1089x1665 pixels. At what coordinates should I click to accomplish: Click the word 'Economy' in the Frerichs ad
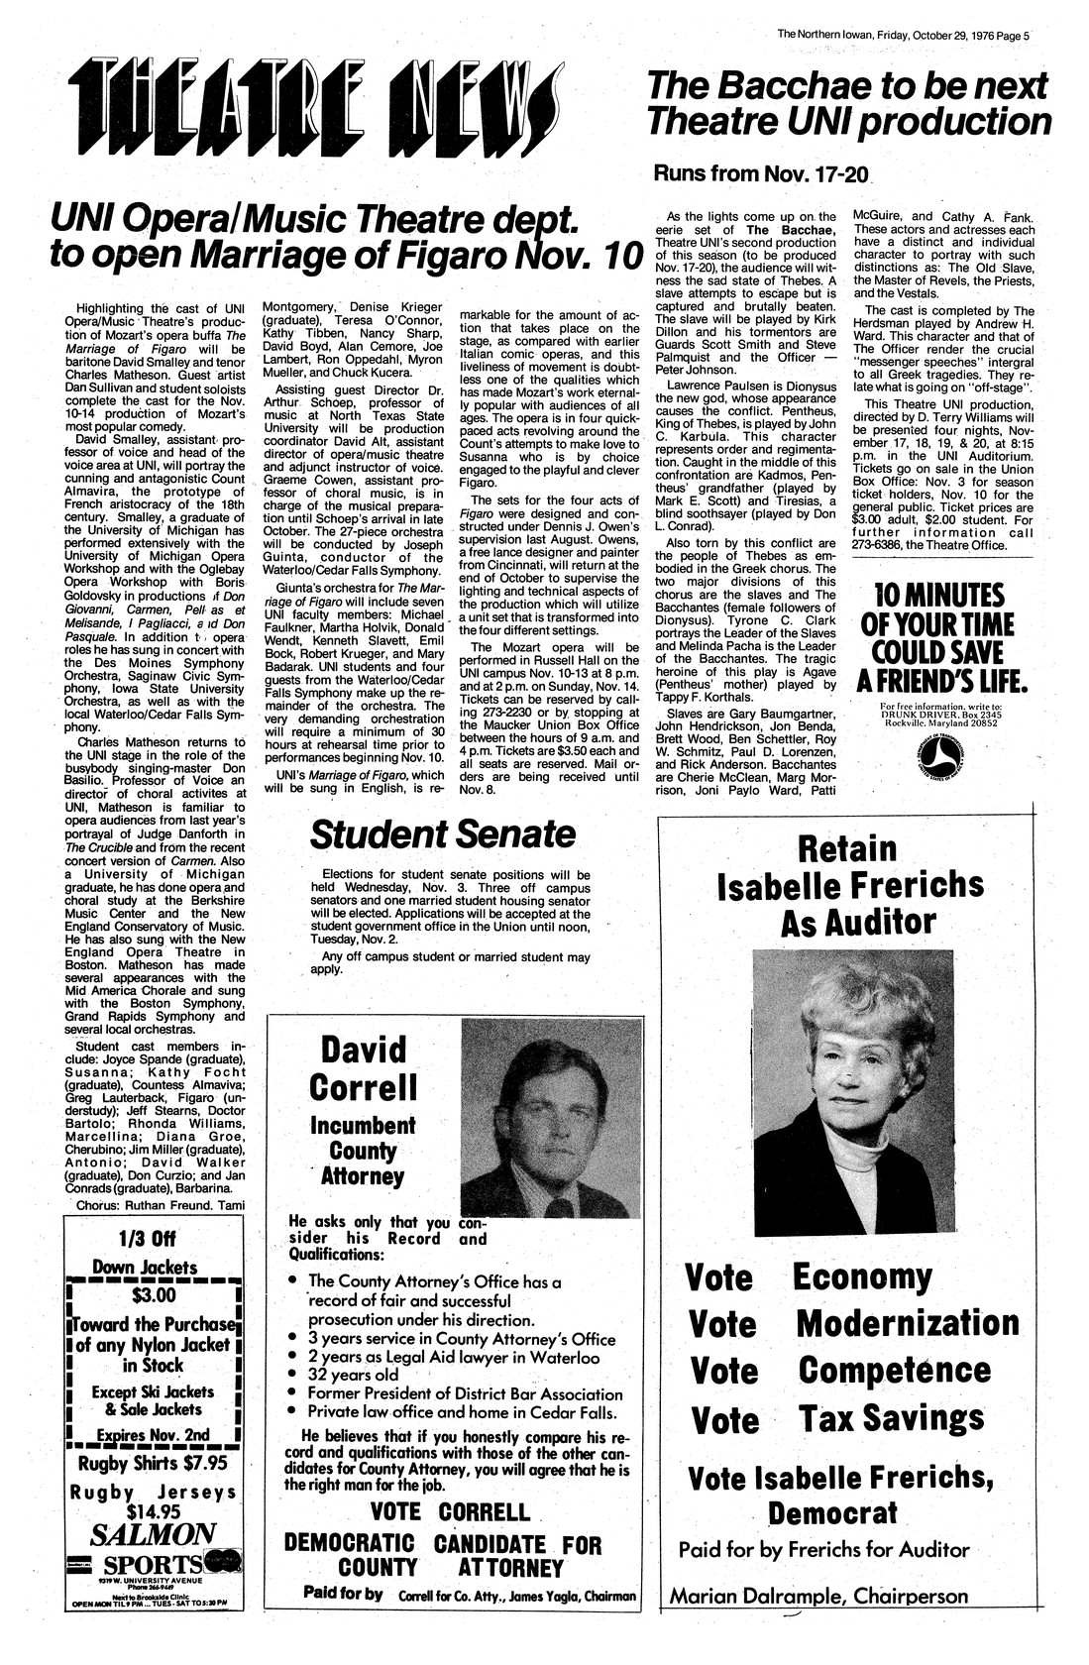pos(860,1276)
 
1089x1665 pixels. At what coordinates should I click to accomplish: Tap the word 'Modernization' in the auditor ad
pos(907,1322)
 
